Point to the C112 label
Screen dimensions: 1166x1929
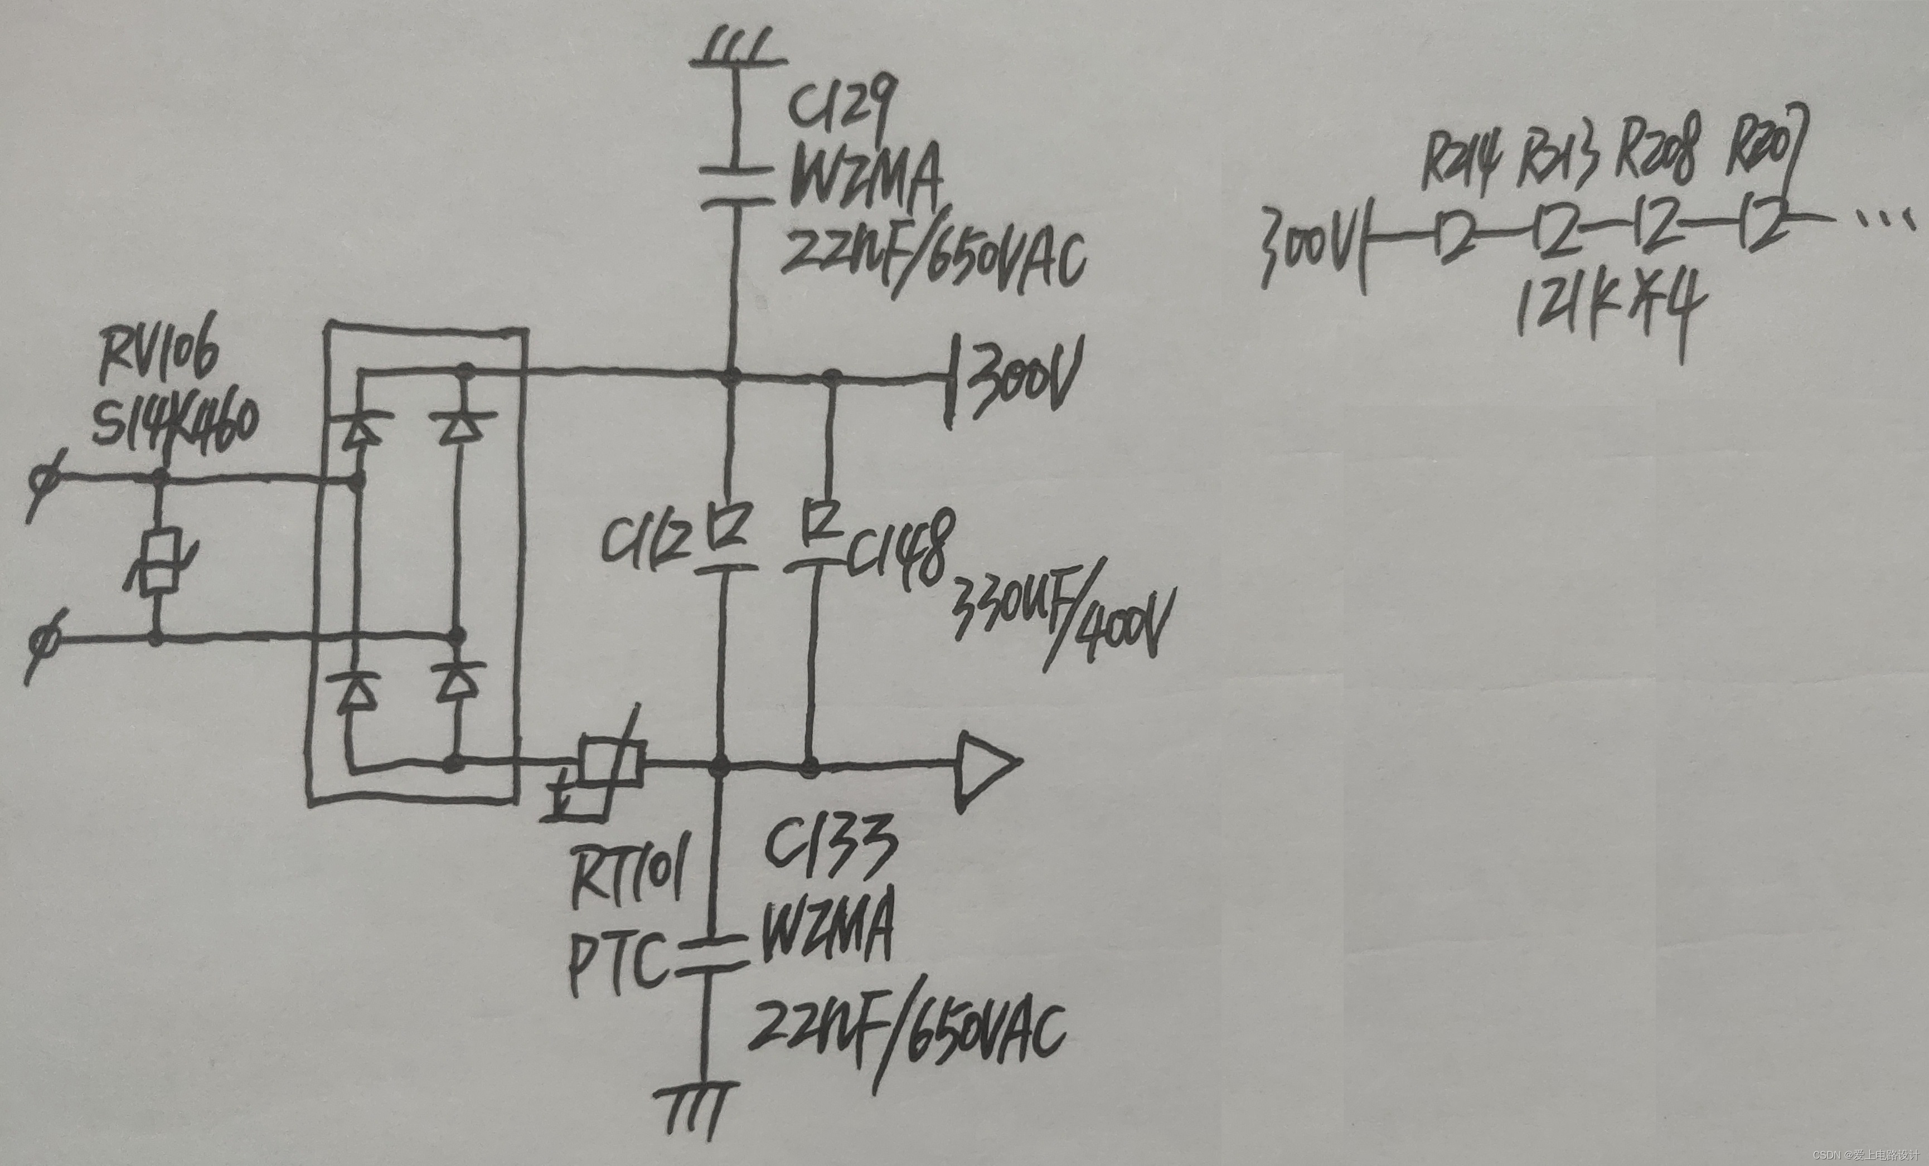647,541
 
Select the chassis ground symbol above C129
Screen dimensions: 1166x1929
736,50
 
